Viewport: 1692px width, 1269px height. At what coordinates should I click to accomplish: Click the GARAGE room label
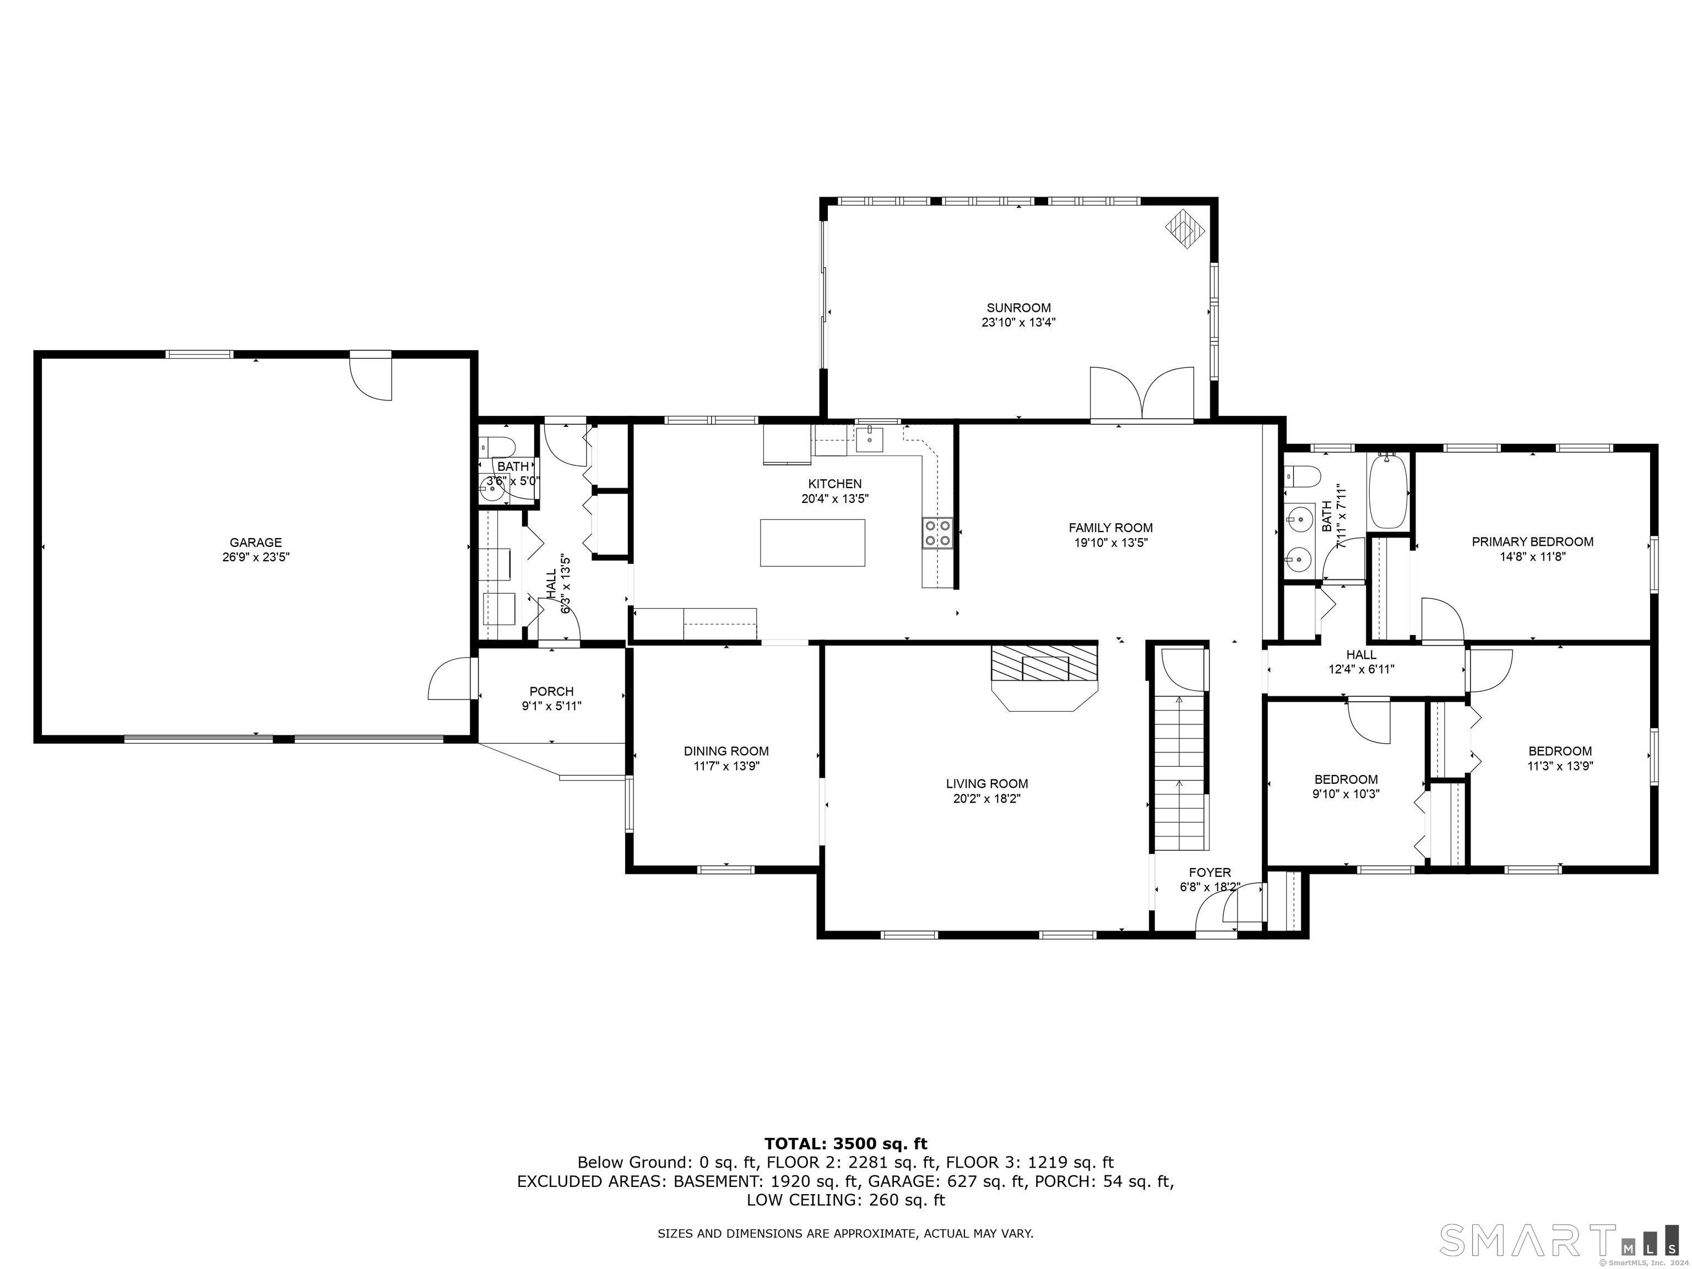[x=256, y=543]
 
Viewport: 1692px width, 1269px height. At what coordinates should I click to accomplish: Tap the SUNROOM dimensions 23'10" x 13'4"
[x=1018, y=323]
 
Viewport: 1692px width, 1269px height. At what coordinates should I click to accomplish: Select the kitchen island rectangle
[x=812, y=543]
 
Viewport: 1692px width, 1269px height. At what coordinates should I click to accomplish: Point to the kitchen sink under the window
[x=870, y=440]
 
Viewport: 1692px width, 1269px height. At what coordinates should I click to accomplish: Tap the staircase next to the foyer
[x=1179, y=773]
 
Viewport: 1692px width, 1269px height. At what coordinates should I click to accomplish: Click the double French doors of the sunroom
[x=1141, y=394]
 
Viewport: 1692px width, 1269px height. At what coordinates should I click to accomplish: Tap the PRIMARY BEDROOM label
[x=1532, y=541]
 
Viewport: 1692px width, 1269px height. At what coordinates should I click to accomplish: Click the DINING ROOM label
[x=726, y=751]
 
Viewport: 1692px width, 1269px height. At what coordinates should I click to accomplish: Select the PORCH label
[x=551, y=691]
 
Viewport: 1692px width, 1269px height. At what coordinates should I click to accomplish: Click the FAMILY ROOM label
[x=1110, y=528]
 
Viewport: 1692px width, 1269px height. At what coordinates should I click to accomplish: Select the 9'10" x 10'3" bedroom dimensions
[x=1346, y=794]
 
